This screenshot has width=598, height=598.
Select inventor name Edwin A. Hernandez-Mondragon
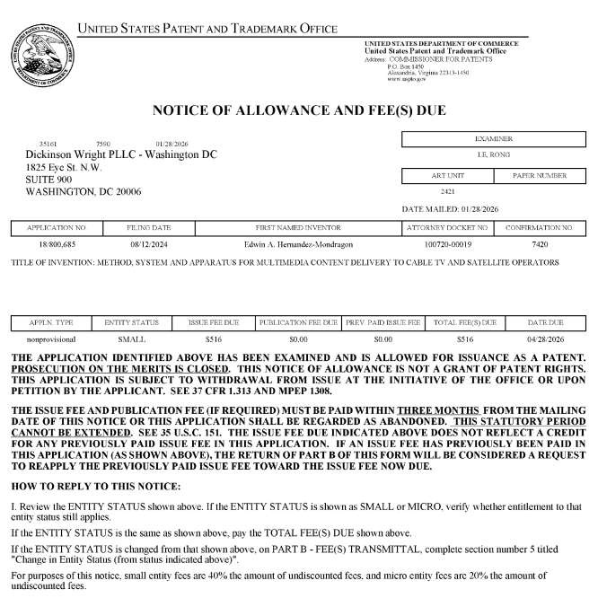[298, 244]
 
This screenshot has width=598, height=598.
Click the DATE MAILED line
[453, 209]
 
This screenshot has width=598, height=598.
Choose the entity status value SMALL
[131, 339]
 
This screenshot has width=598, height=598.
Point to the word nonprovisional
[51, 339]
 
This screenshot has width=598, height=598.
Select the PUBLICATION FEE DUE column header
[298, 321]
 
